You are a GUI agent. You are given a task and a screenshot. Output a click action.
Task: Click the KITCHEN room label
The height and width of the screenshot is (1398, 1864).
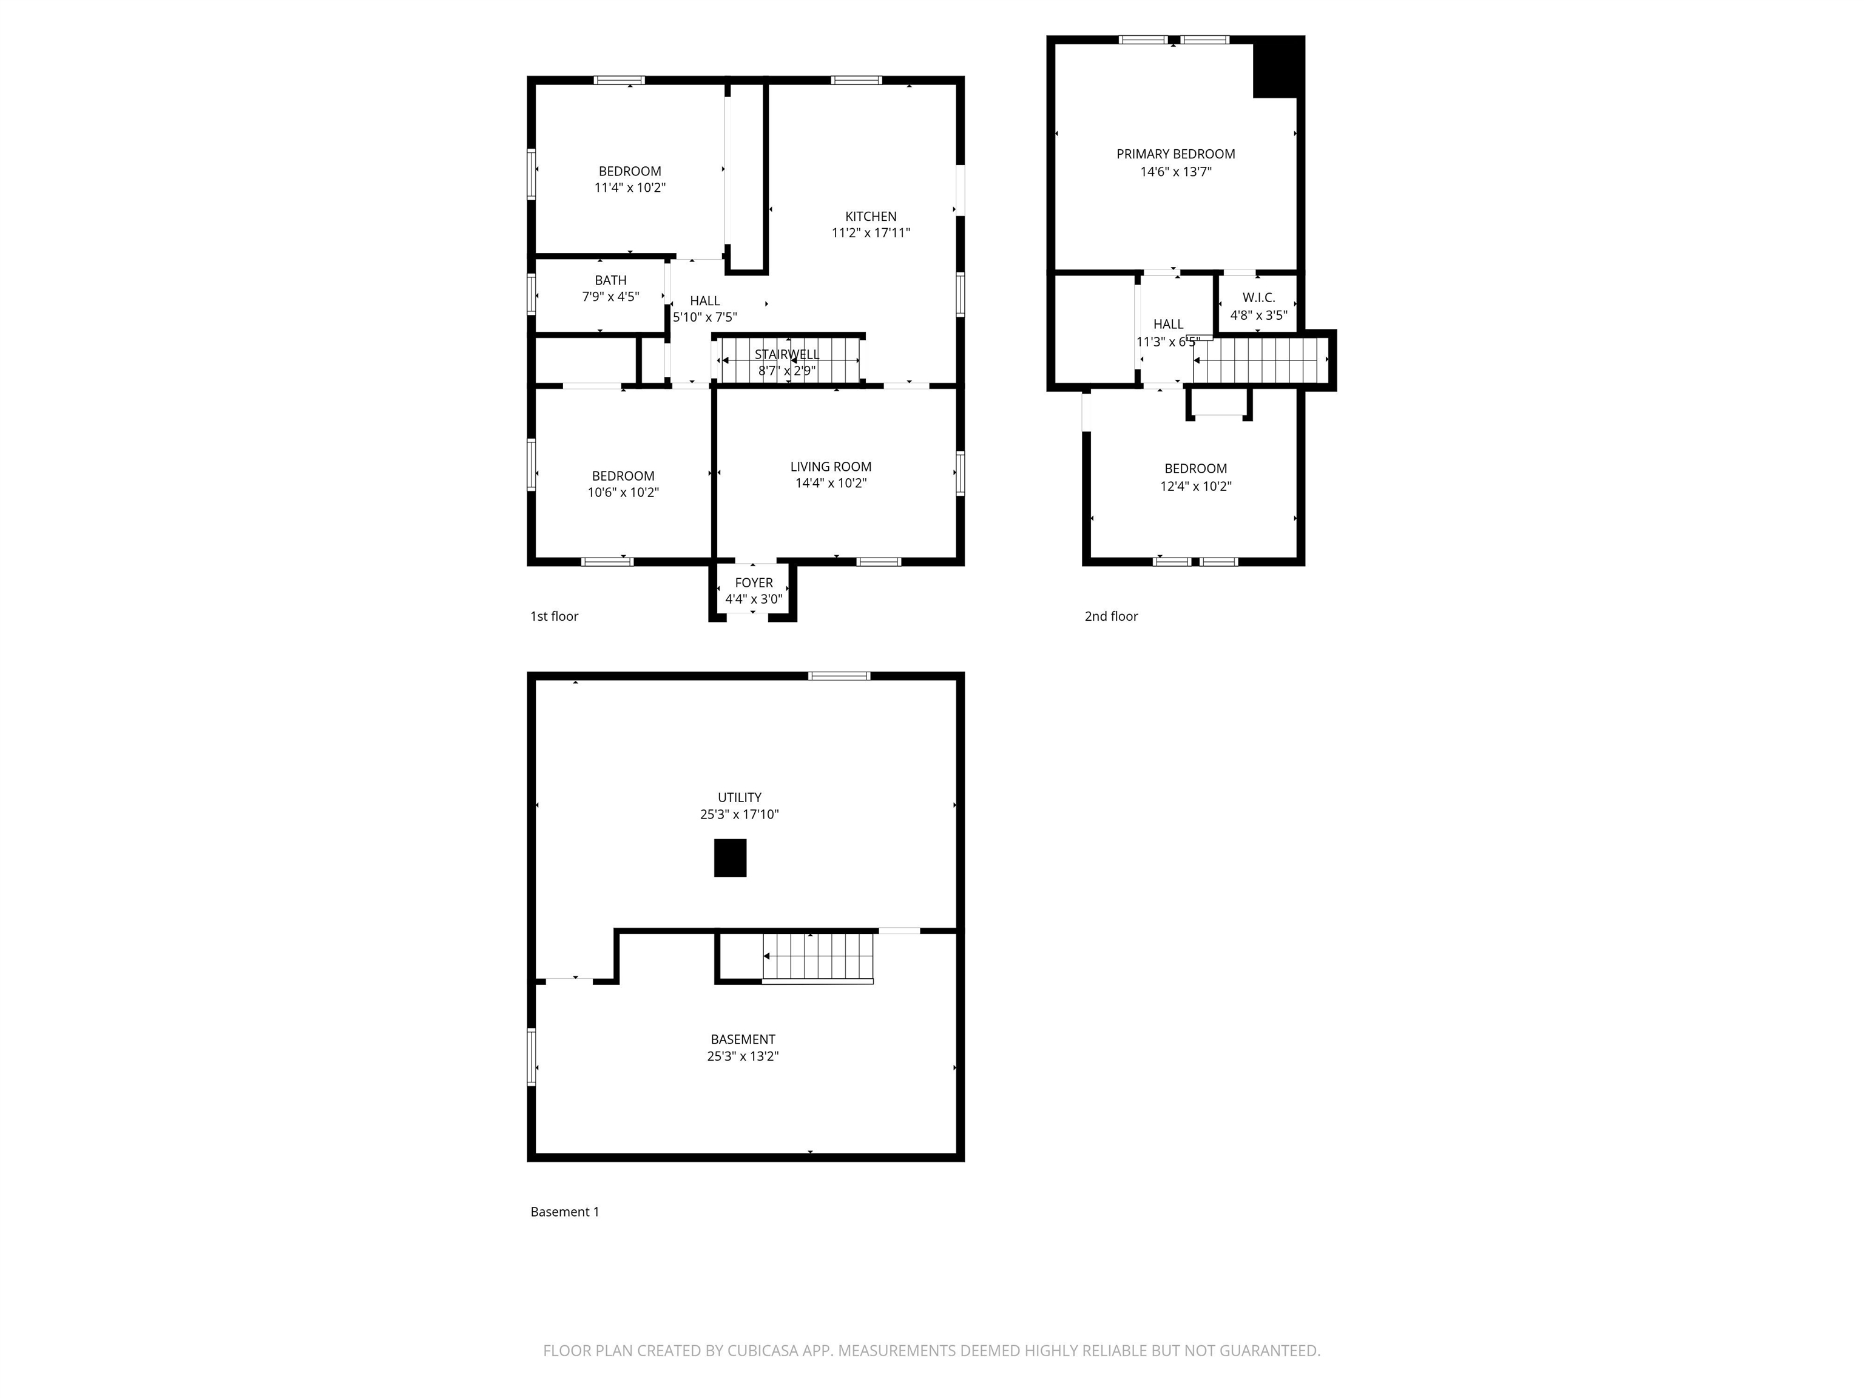[x=871, y=217]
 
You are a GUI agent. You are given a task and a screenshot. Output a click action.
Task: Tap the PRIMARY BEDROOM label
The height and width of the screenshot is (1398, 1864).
[x=1175, y=154]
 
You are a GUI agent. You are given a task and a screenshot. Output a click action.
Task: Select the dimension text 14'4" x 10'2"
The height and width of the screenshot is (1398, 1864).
[x=831, y=484]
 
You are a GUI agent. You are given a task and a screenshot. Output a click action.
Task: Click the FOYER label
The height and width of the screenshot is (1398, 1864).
[x=754, y=583]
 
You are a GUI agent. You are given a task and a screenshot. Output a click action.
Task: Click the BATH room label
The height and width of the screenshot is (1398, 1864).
[x=610, y=280]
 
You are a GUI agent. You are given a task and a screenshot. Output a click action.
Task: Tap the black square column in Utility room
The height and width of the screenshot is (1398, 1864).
[x=730, y=858]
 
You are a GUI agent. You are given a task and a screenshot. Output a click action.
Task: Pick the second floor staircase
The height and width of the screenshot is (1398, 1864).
[x=1259, y=360]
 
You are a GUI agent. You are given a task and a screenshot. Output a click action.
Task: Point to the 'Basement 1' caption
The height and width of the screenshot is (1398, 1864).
[x=564, y=1212]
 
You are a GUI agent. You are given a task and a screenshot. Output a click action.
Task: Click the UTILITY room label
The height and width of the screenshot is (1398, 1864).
[x=739, y=797]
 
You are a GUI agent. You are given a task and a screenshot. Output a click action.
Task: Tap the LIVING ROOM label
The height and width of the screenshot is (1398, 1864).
[x=831, y=467]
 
